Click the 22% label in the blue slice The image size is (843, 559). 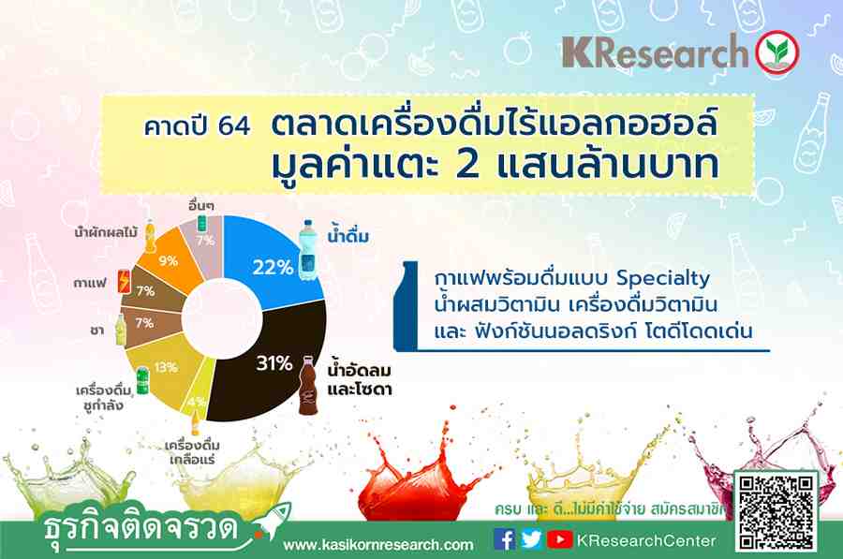pos(274,267)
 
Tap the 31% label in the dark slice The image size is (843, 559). pos(274,363)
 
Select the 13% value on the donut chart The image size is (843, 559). pos(166,367)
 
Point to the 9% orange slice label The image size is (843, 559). pos(169,261)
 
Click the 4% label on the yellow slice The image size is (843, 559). pos(197,402)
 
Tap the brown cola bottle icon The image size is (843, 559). pos(308,384)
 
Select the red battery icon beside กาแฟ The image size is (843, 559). pos(125,281)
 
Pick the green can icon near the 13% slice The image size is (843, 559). pos(142,380)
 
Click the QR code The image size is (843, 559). pos(776,513)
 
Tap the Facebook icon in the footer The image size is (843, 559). pos(504,539)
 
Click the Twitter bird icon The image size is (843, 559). pos(531,539)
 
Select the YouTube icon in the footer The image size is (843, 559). pos(559,539)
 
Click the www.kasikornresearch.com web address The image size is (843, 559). pos(378,545)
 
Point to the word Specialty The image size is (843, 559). pos(663,278)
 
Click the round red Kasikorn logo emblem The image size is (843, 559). pos(776,52)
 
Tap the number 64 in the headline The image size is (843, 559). pos(234,126)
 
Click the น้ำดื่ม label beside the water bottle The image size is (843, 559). pos(348,234)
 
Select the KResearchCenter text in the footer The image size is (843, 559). pos(646,540)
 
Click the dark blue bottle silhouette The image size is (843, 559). pos(406,306)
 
